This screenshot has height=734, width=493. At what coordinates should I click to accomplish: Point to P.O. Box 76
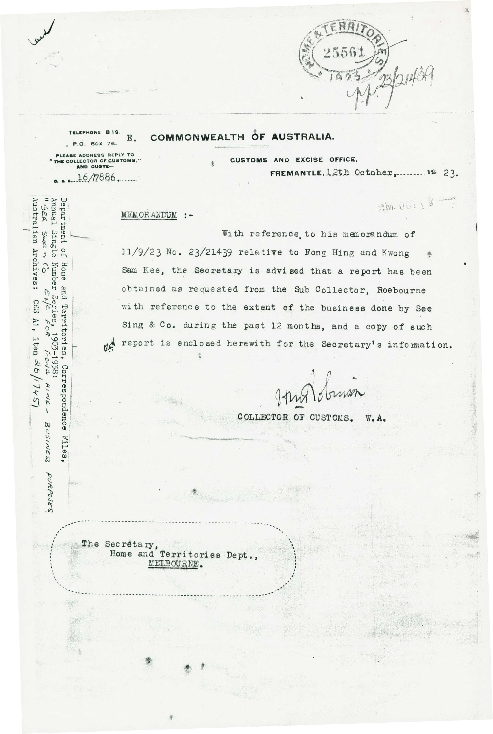pos(95,144)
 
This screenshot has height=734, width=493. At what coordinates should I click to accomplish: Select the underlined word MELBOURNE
pos(174,564)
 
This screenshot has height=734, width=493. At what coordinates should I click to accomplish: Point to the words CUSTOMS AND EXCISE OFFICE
pos(293,160)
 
